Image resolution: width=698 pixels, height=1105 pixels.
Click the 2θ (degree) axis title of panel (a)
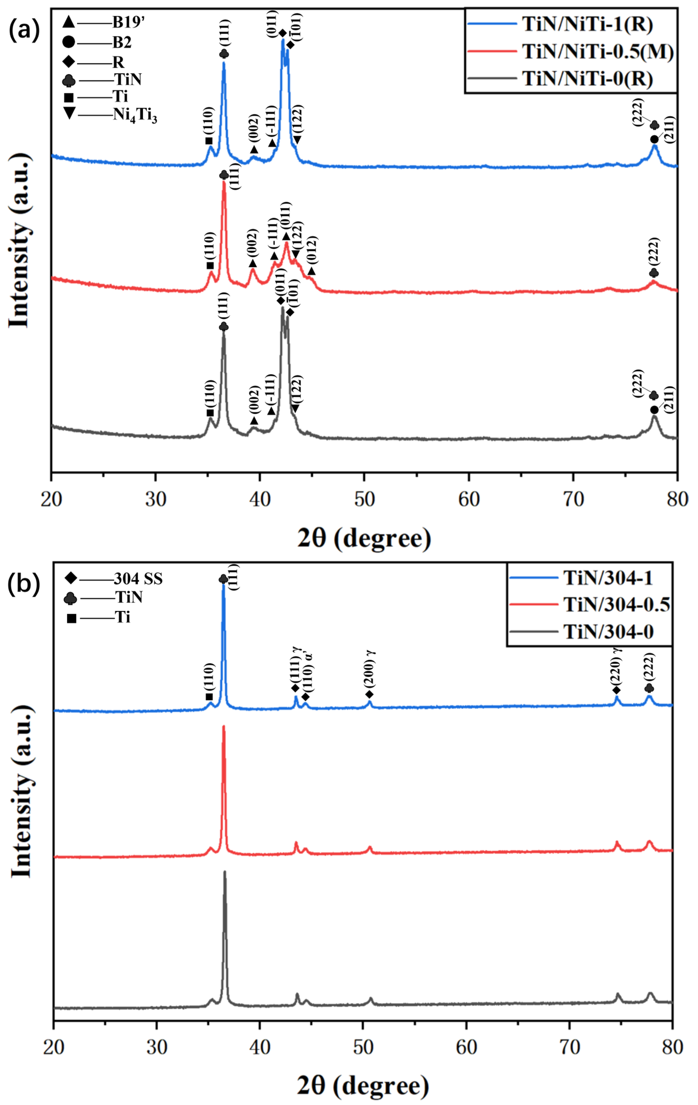[x=365, y=538]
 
